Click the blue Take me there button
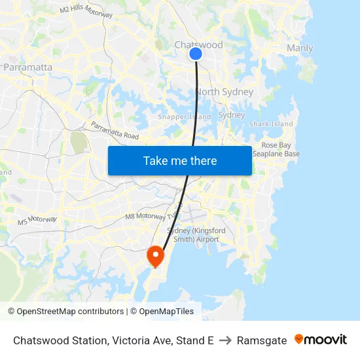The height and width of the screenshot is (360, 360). [x=179, y=160]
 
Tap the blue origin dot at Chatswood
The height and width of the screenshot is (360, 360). [x=196, y=54]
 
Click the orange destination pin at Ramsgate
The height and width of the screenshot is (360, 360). [x=155, y=256]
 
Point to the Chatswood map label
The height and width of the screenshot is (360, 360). [x=198, y=45]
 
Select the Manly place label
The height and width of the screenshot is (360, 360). [x=299, y=48]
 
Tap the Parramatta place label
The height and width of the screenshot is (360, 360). [x=27, y=67]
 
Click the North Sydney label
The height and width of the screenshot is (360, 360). [x=224, y=92]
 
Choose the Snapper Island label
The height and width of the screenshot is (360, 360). [x=184, y=117]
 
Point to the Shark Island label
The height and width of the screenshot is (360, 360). [x=271, y=124]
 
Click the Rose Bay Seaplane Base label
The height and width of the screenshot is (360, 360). [x=280, y=149]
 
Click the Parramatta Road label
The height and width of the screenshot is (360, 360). [x=115, y=130]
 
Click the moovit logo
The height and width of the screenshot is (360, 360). [x=321, y=340]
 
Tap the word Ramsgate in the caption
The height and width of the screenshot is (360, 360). [x=262, y=340]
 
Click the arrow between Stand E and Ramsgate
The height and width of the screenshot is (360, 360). [x=225, y=340]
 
